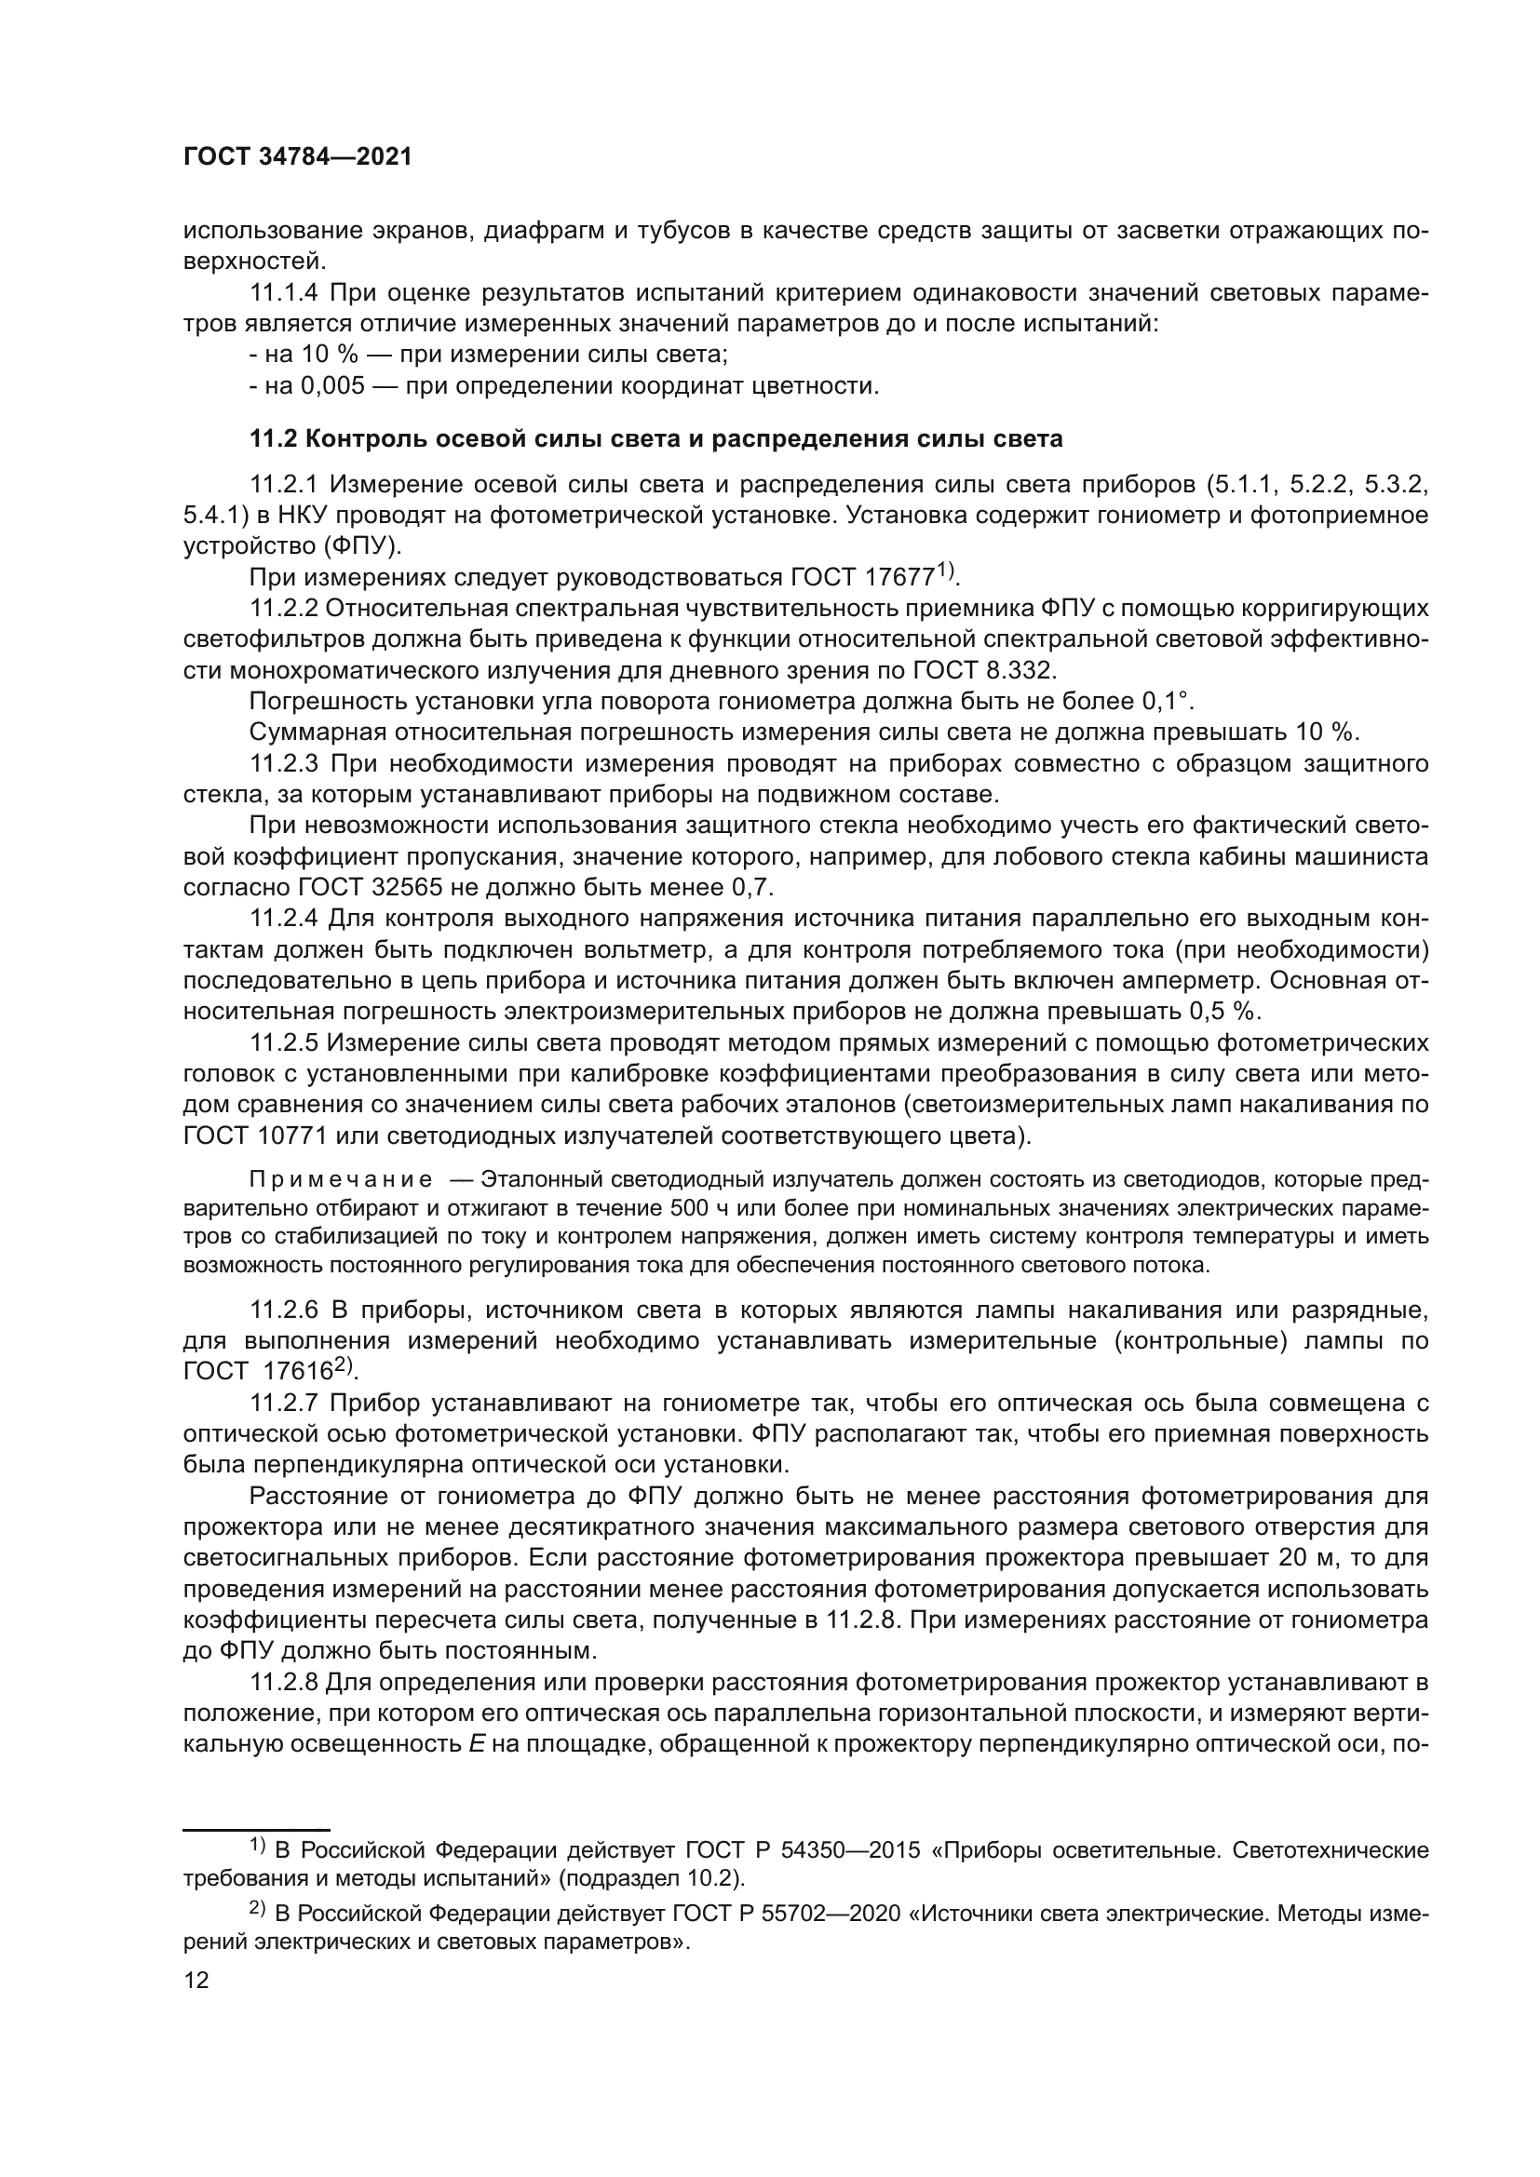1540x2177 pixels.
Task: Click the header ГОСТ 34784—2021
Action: pyautogui.click(x=298, y=157)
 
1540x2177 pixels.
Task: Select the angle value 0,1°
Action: pyautogui.click(x=1166, y=702)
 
